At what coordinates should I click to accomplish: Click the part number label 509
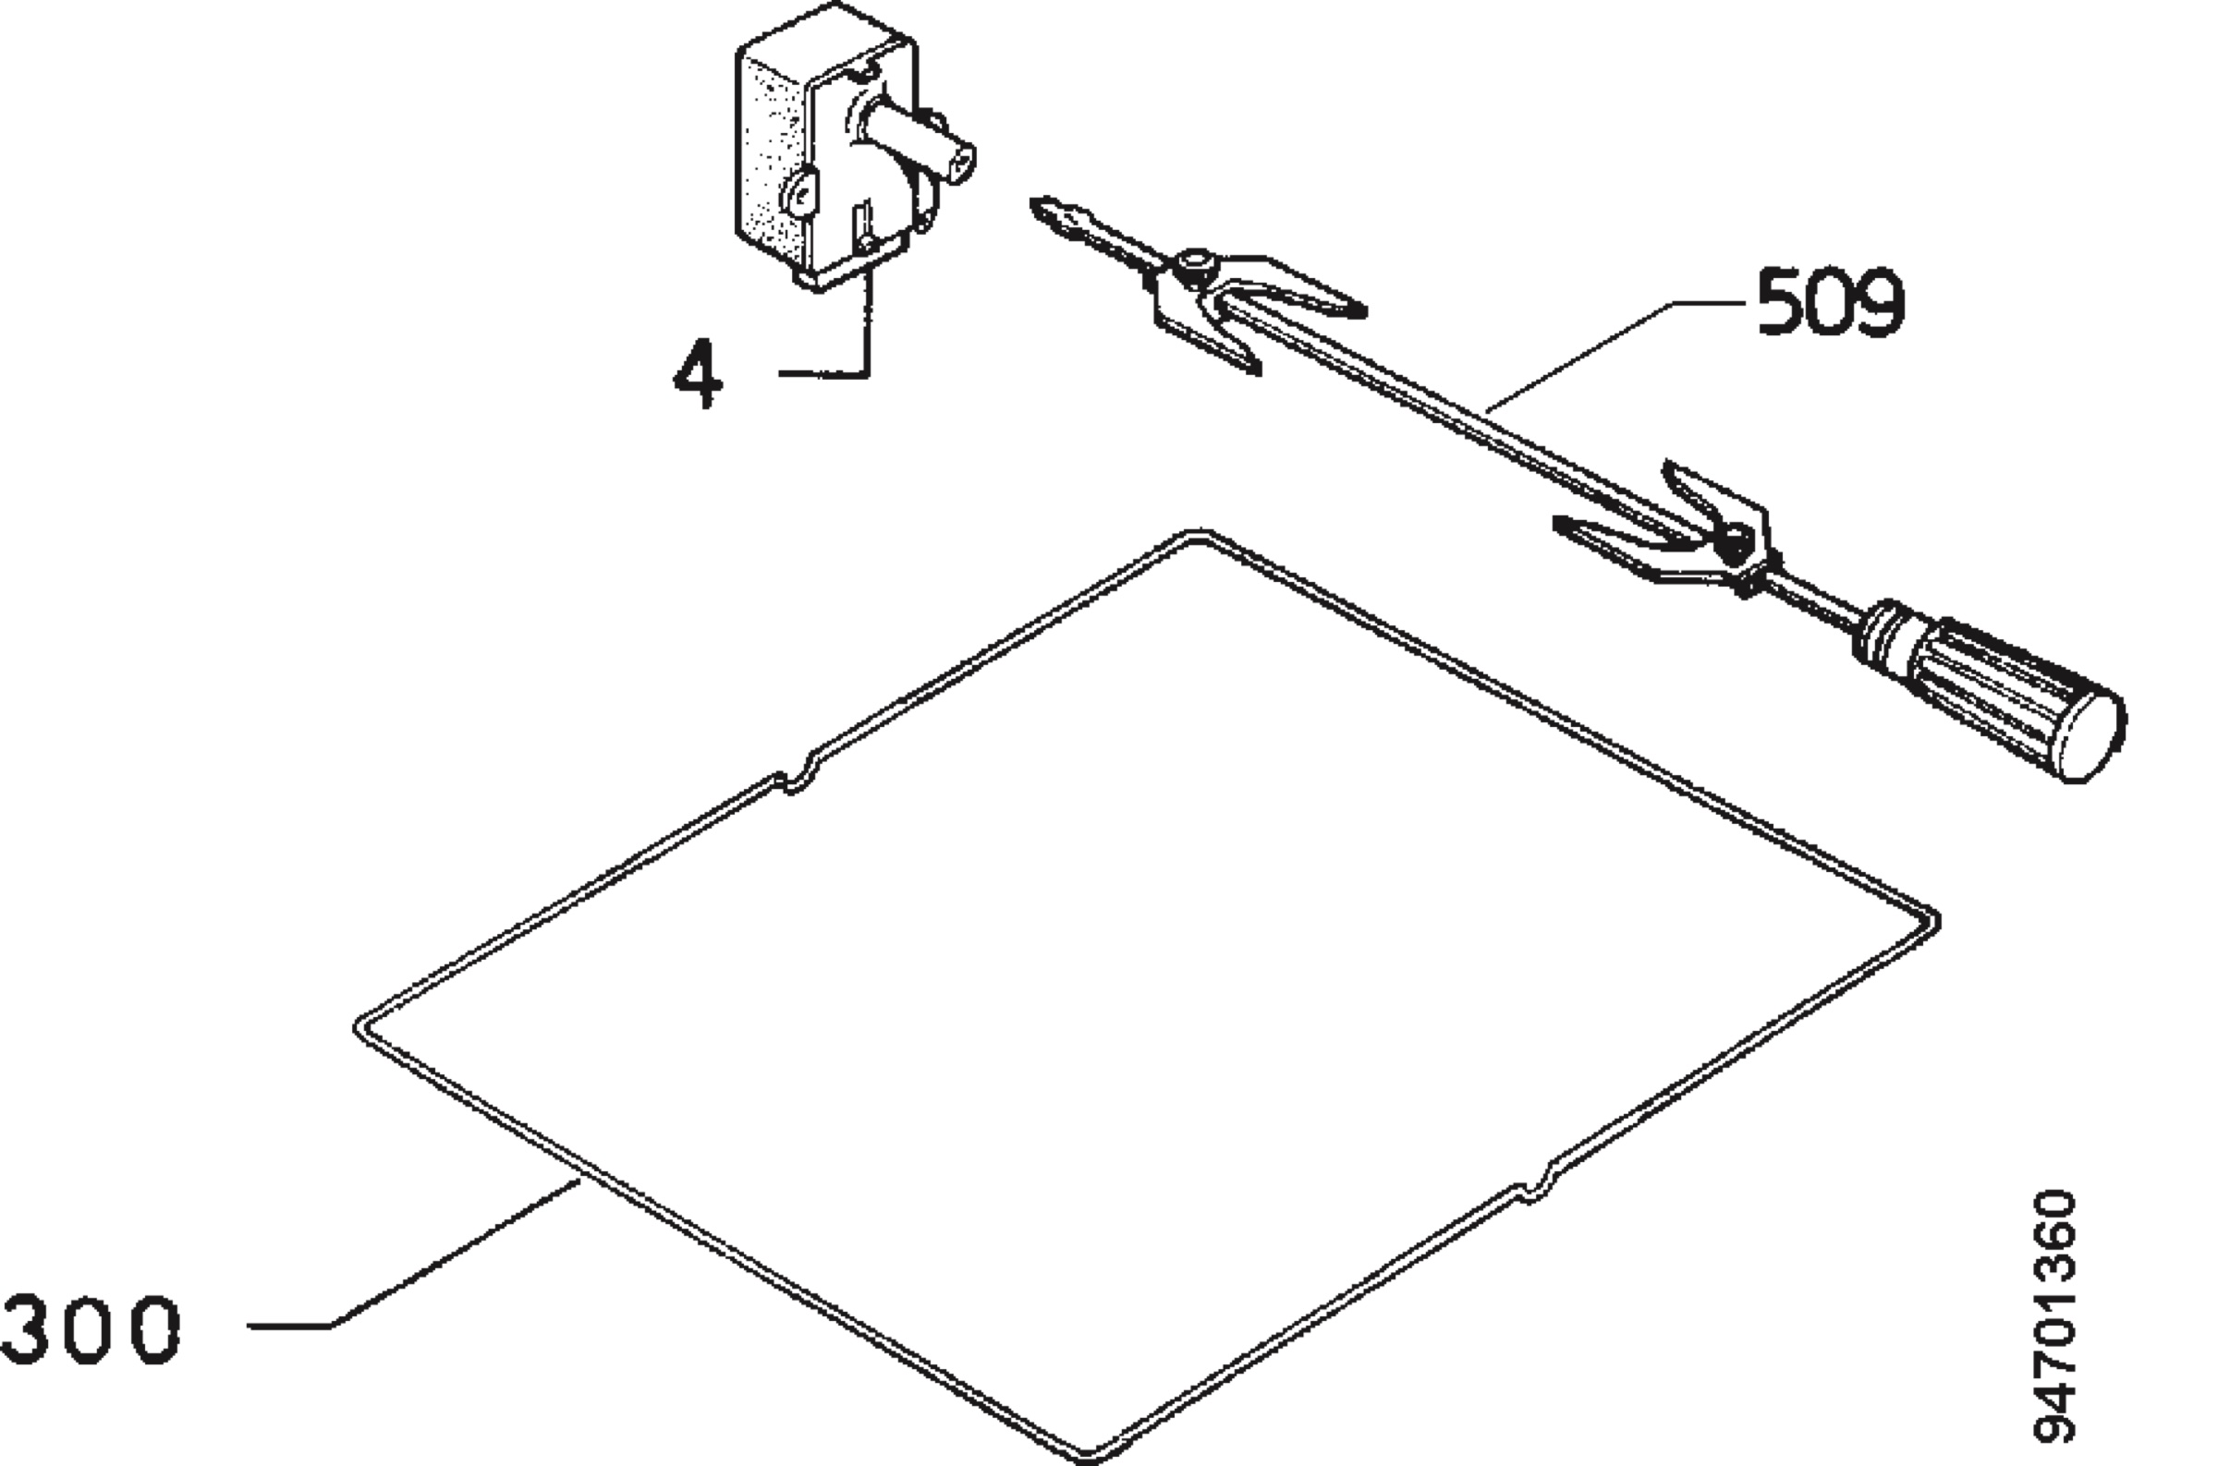click(x=1830, y=300)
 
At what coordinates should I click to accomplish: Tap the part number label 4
click(x=699, y=373)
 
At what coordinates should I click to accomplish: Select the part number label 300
click(x=91, y=1328)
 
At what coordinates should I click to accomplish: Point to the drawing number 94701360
click(x=2055, y=1317)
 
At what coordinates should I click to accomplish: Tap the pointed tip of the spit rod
click(x=1034, y=201)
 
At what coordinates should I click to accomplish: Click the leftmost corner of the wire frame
click(x=359, y=1027)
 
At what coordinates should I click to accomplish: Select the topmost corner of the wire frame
click(x=1197, y=535)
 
